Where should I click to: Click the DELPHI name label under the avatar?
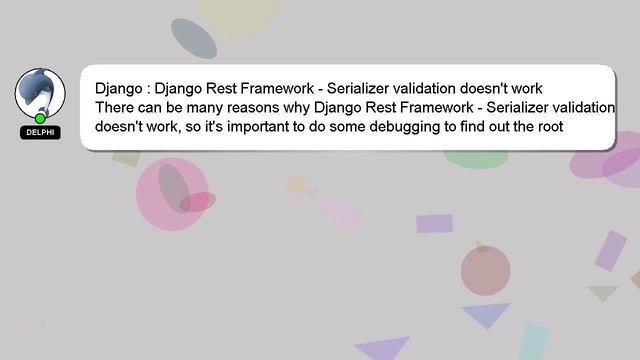(x=40, y=132)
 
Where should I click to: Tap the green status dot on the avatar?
(x=40, y=118)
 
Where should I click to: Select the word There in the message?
(x=116, y=107)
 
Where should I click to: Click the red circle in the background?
(x=485, y=269)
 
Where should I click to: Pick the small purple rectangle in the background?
(x=434, y=223)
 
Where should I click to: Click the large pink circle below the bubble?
(x=172, y=195)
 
